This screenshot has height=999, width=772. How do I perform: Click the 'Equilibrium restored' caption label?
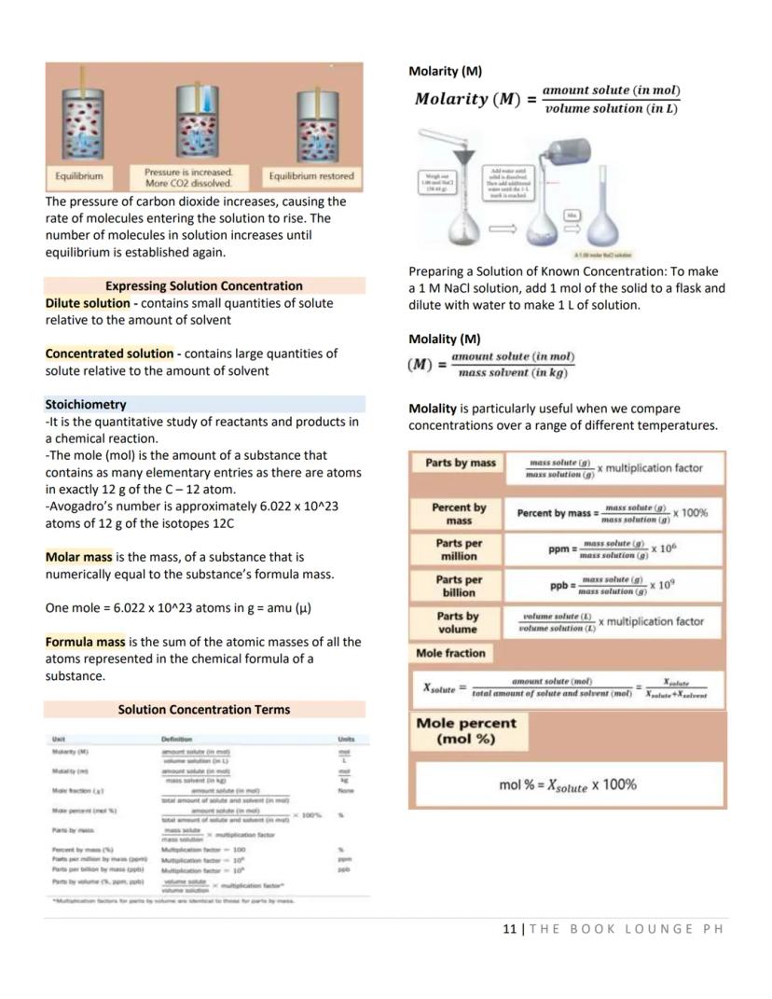(311, 176)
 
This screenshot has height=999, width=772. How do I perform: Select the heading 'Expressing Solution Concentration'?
(203, 286)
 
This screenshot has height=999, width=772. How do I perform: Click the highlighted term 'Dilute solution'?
(88, 303)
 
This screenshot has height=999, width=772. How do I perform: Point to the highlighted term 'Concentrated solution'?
(109, 354)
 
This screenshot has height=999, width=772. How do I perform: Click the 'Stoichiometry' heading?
(85, 405)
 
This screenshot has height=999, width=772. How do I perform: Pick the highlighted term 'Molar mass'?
(77, 557)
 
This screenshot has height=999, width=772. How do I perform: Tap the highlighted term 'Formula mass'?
(85, 642)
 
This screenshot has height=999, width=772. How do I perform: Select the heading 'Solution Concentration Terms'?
(203, 710)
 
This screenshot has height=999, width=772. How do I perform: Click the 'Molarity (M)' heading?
(445, 71)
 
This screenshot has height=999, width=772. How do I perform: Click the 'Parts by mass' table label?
(458, 463)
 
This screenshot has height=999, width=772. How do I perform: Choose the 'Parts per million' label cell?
(458, 549)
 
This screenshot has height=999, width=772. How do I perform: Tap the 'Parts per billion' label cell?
(458, 586)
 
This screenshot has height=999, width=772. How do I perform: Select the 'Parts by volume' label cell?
(458, 622)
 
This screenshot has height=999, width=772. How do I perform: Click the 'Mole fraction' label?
(450, 654)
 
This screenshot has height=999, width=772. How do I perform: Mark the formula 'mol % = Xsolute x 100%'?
(567, 785)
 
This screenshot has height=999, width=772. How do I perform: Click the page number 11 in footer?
(509, 929)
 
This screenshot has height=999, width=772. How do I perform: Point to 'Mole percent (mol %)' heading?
(465, 730)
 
